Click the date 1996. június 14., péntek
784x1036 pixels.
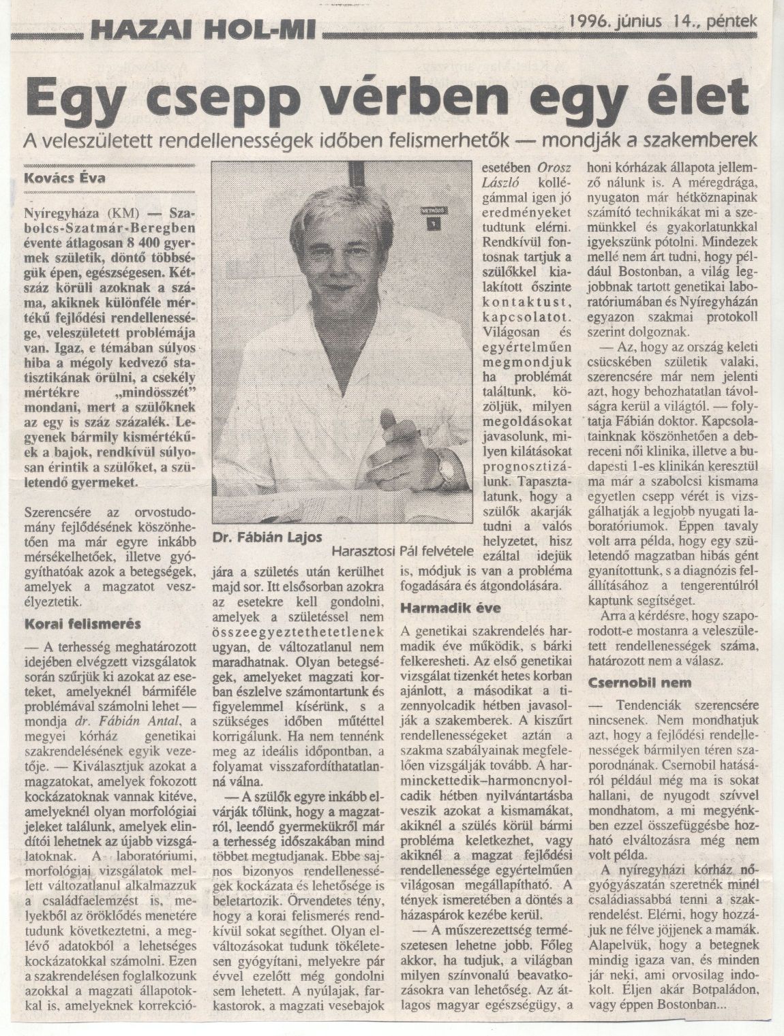662,21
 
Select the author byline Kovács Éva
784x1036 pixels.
65,180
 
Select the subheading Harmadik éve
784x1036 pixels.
442,608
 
